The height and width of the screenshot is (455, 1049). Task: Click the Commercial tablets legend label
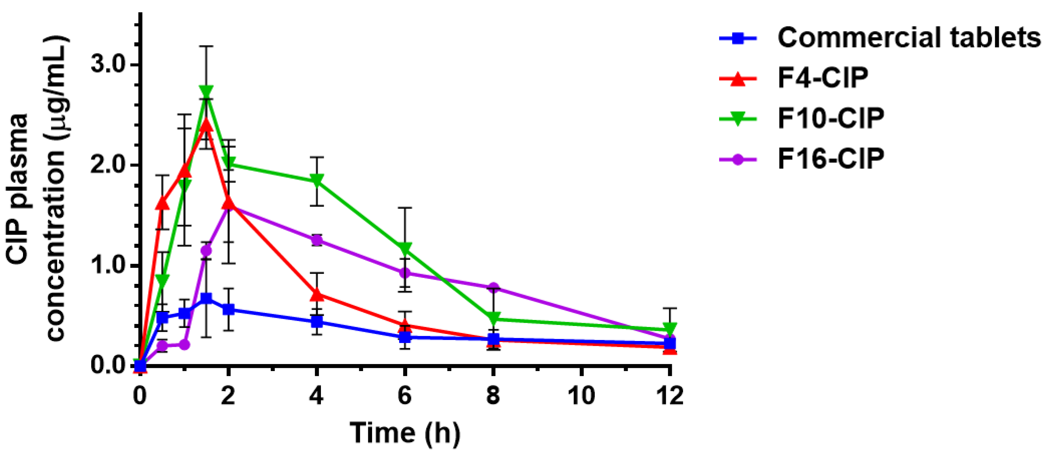[x=908, y=38]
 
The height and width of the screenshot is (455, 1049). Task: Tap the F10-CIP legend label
[x=831, y=118]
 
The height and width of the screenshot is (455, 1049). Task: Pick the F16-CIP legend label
[x=831, y=159]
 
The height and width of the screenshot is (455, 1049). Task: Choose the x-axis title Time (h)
[x=405, y=433]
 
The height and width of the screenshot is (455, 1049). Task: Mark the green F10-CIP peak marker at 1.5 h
[x=206, y=92]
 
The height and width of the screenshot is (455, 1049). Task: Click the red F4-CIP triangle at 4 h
[x=317, y=294]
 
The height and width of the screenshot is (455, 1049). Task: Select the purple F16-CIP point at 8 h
[x=493, y=287]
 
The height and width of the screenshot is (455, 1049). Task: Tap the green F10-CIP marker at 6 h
[x=405, y=249]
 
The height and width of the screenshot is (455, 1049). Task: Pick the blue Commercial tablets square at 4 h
[x=317, y=322]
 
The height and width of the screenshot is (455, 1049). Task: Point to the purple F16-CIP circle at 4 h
[x=317, y=240]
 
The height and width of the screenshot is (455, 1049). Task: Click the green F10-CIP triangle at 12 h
[x=669, y=329]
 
